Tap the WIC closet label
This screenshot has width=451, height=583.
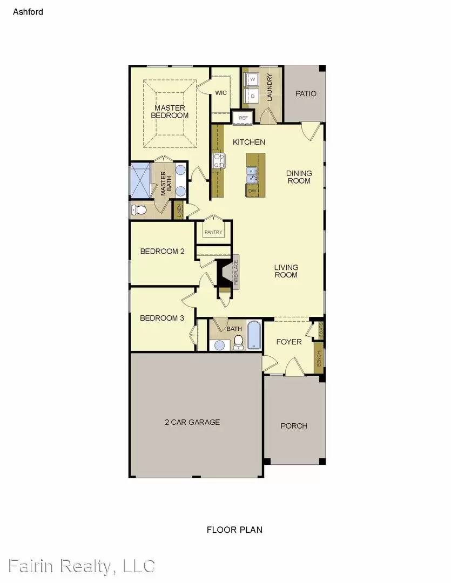[x=221, y=93]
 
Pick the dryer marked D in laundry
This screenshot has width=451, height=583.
[x=252, y=96]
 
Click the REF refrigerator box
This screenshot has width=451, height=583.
[x=243, y=117]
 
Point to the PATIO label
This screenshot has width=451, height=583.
[x=306, y=93]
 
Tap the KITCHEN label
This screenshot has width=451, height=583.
[x=249, y=142]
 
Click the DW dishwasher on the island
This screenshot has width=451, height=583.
[x=252, y=191]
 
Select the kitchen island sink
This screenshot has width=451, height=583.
[x=252, y=174]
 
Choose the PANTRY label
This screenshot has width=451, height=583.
[x=213, y=232]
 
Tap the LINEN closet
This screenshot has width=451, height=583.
[x=179, y=211]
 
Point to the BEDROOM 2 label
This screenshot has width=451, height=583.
[x=163, y=251]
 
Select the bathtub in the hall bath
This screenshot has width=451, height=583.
[x=254, y=335]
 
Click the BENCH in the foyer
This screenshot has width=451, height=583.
[x=319, y=358]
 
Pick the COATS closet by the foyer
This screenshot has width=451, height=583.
[x=321, y=330]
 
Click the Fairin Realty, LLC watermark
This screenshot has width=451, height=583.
[x=78, y=566]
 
